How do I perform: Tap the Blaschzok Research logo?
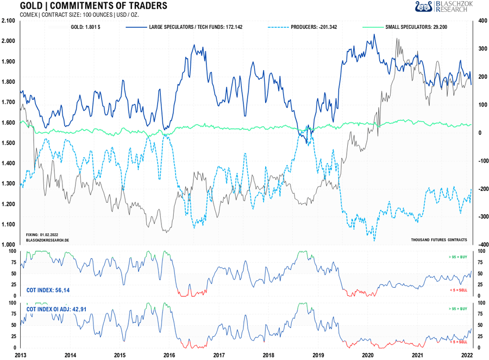click(444, 7)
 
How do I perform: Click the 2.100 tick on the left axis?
click(8, 21)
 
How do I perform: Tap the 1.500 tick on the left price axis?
click(8, 143)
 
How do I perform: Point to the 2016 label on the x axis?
click(170, 355)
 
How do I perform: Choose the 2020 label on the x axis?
click(368, 355)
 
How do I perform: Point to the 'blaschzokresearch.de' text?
click(48, 239)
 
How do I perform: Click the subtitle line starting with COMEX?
click(79, 15)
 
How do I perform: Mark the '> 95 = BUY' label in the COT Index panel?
click(457, 256)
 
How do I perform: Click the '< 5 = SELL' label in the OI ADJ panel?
click(457, 342)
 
